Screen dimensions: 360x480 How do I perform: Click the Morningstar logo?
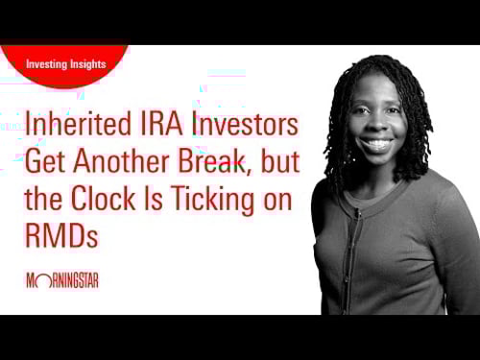coord(62,280)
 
